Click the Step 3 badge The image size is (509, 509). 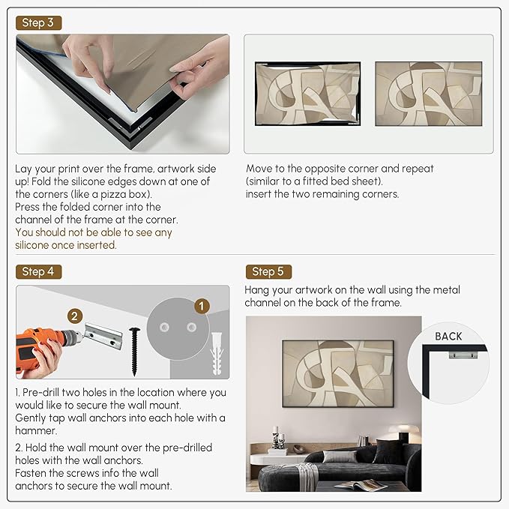[38, 22]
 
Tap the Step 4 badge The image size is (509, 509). [38, 271]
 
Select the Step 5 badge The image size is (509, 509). [268, 271]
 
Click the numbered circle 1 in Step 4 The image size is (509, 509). [202, 306]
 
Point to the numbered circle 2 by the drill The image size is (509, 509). [75, 316]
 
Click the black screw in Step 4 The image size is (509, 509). [134, 352]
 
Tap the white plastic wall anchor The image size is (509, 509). [217, 354]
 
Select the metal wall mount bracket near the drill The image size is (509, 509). [103, 336]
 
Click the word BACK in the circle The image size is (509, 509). [448, 337]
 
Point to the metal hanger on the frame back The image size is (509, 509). [463, 355]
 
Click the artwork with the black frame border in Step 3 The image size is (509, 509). [308, 94]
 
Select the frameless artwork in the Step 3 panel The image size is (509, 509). [429, 94]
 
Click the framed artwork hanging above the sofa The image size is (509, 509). [338, 373]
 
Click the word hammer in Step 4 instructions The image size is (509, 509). [36, 431]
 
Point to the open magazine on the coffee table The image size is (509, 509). [361, 485]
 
